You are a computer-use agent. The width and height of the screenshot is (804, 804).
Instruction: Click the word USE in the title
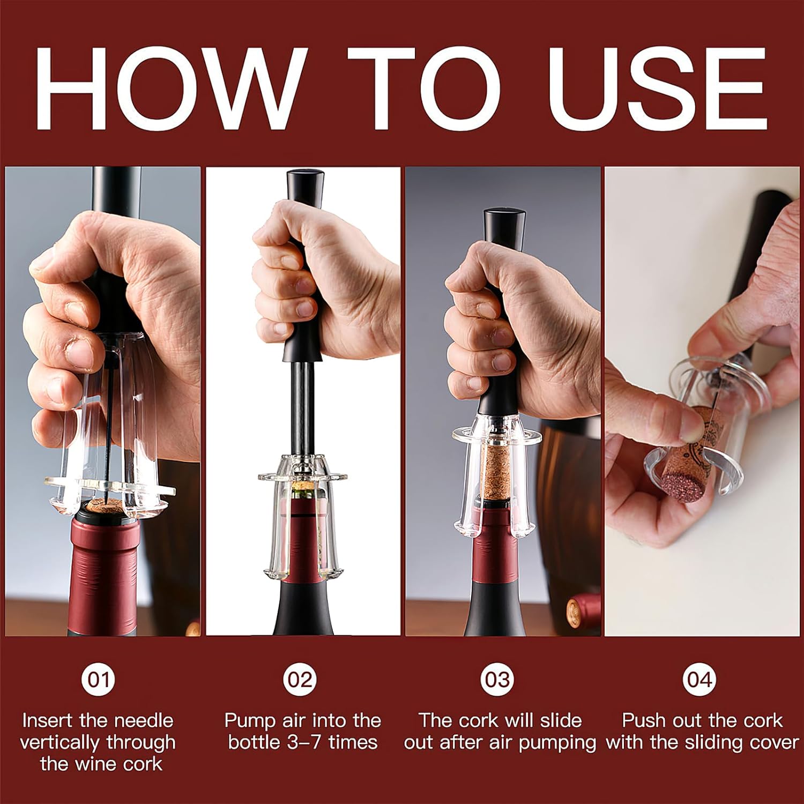click(657, 88)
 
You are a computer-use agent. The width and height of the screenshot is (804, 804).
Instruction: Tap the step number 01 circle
click(98, 680)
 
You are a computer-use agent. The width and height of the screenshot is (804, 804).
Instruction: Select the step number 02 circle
click(300, 680)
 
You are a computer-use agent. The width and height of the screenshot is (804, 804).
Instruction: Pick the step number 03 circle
click(498, 680)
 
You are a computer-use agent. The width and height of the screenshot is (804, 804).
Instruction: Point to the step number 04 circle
click(699, 680)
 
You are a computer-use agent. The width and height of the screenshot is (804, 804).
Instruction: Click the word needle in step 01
click(142, 721)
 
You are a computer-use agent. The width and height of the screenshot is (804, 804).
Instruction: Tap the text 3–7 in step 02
click(300, 743)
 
